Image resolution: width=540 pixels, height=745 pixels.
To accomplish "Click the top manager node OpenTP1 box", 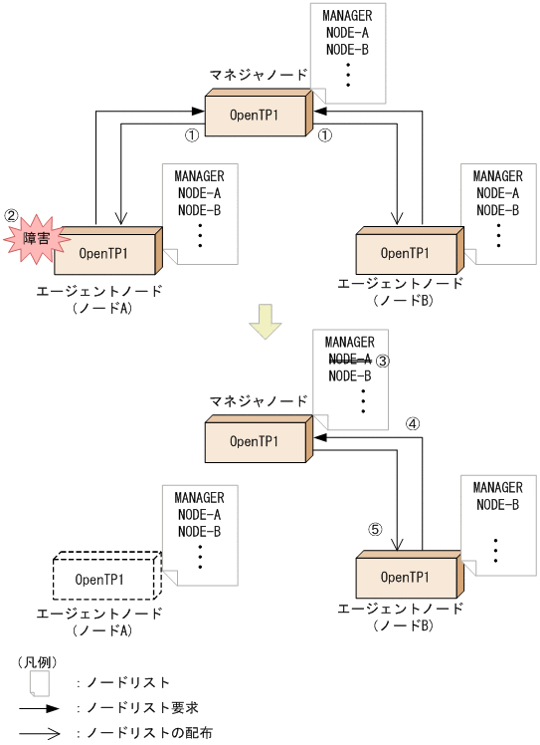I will point(257,115).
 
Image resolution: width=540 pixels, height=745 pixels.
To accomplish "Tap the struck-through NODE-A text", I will point(349,359).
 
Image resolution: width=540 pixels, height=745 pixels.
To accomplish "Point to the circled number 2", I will point(11,214).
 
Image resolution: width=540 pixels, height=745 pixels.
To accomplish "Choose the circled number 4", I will point(414,422).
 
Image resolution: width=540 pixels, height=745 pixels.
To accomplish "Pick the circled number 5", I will point(375,529).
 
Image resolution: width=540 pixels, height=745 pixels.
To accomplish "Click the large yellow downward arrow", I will point(266,322).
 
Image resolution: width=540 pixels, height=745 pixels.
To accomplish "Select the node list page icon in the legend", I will point(39,683).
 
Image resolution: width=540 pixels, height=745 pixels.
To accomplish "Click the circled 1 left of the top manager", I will point(193,134).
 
